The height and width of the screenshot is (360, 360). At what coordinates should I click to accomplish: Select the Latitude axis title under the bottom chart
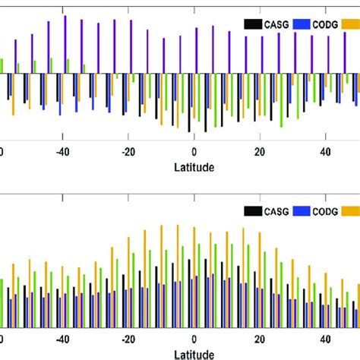click(194, 353)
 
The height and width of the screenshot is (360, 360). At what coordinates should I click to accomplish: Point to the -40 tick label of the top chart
click(62, 150)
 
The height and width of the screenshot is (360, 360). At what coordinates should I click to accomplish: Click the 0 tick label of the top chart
click(194, 150)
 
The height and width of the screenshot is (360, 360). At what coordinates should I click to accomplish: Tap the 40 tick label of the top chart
click(325, 150)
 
